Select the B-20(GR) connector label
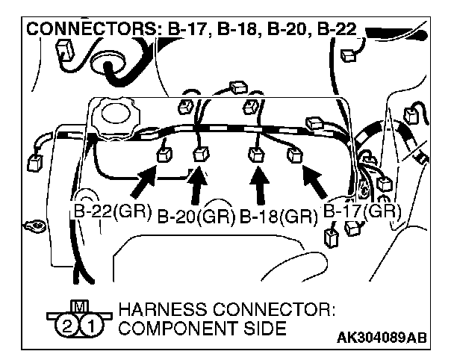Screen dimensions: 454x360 (x=196, y=217)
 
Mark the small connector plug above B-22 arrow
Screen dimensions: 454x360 (x=164, y=156)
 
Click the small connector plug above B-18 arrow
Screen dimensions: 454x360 (x=255, y=155)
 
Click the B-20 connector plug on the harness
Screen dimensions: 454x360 (x=199, y=155)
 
